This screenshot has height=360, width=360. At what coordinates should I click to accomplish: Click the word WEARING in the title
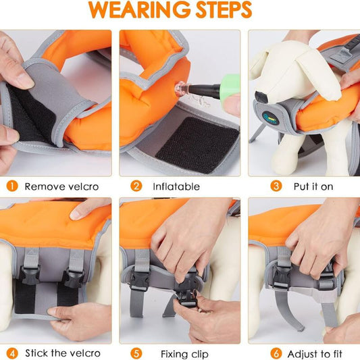pyautogui.click(x=139, y=9)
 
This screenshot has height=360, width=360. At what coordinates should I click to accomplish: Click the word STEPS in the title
pyautogui.click(x=224, y=9)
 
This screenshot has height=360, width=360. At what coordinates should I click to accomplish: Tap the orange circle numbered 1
pyautogui.click(x=12, y=186)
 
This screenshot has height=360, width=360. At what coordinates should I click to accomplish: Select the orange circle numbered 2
pyautogui.click(x=136, y=186)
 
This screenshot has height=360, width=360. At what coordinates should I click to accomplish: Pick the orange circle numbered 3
pyautogui.click(x=276, y=186)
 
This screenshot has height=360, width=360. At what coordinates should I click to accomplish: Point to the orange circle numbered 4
pyautogui.click(x=12, y=353)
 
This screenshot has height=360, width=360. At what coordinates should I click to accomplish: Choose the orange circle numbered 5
pyautogui.click(x=136, y=353)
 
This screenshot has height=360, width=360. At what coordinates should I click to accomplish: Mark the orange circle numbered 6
pyautogui.click(x=276, y=353)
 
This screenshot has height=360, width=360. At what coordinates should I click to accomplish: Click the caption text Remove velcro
pyautogui.click(x=61, y=186)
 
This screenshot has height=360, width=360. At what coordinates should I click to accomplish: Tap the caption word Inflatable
pyautogui.click(x=176, y=186)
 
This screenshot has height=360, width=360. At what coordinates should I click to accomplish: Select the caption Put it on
pyautogui.click(x=313, y=186)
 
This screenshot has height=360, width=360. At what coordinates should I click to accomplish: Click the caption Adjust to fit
pyautogui.click(x=315, y=354)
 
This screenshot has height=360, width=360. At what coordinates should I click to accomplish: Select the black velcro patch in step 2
pyautogui.click(x=197, y=145)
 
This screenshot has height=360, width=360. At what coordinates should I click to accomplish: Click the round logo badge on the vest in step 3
pyautogui.click(x=271, y=118)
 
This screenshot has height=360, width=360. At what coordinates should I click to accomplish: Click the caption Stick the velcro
pyautogui.click(x=63, y=353)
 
